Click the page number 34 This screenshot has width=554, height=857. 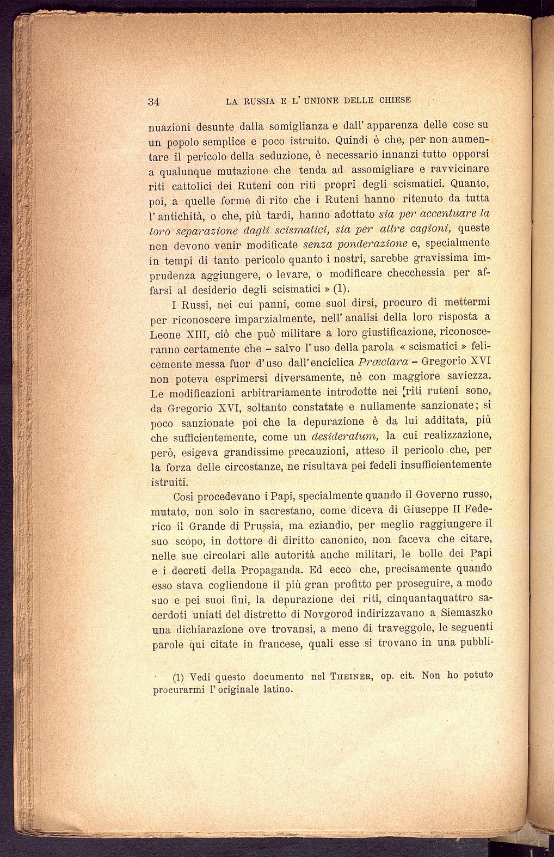pyautogui.click(x=153, y=101)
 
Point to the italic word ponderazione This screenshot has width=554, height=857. pyautogui.click(x=338, y=243)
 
